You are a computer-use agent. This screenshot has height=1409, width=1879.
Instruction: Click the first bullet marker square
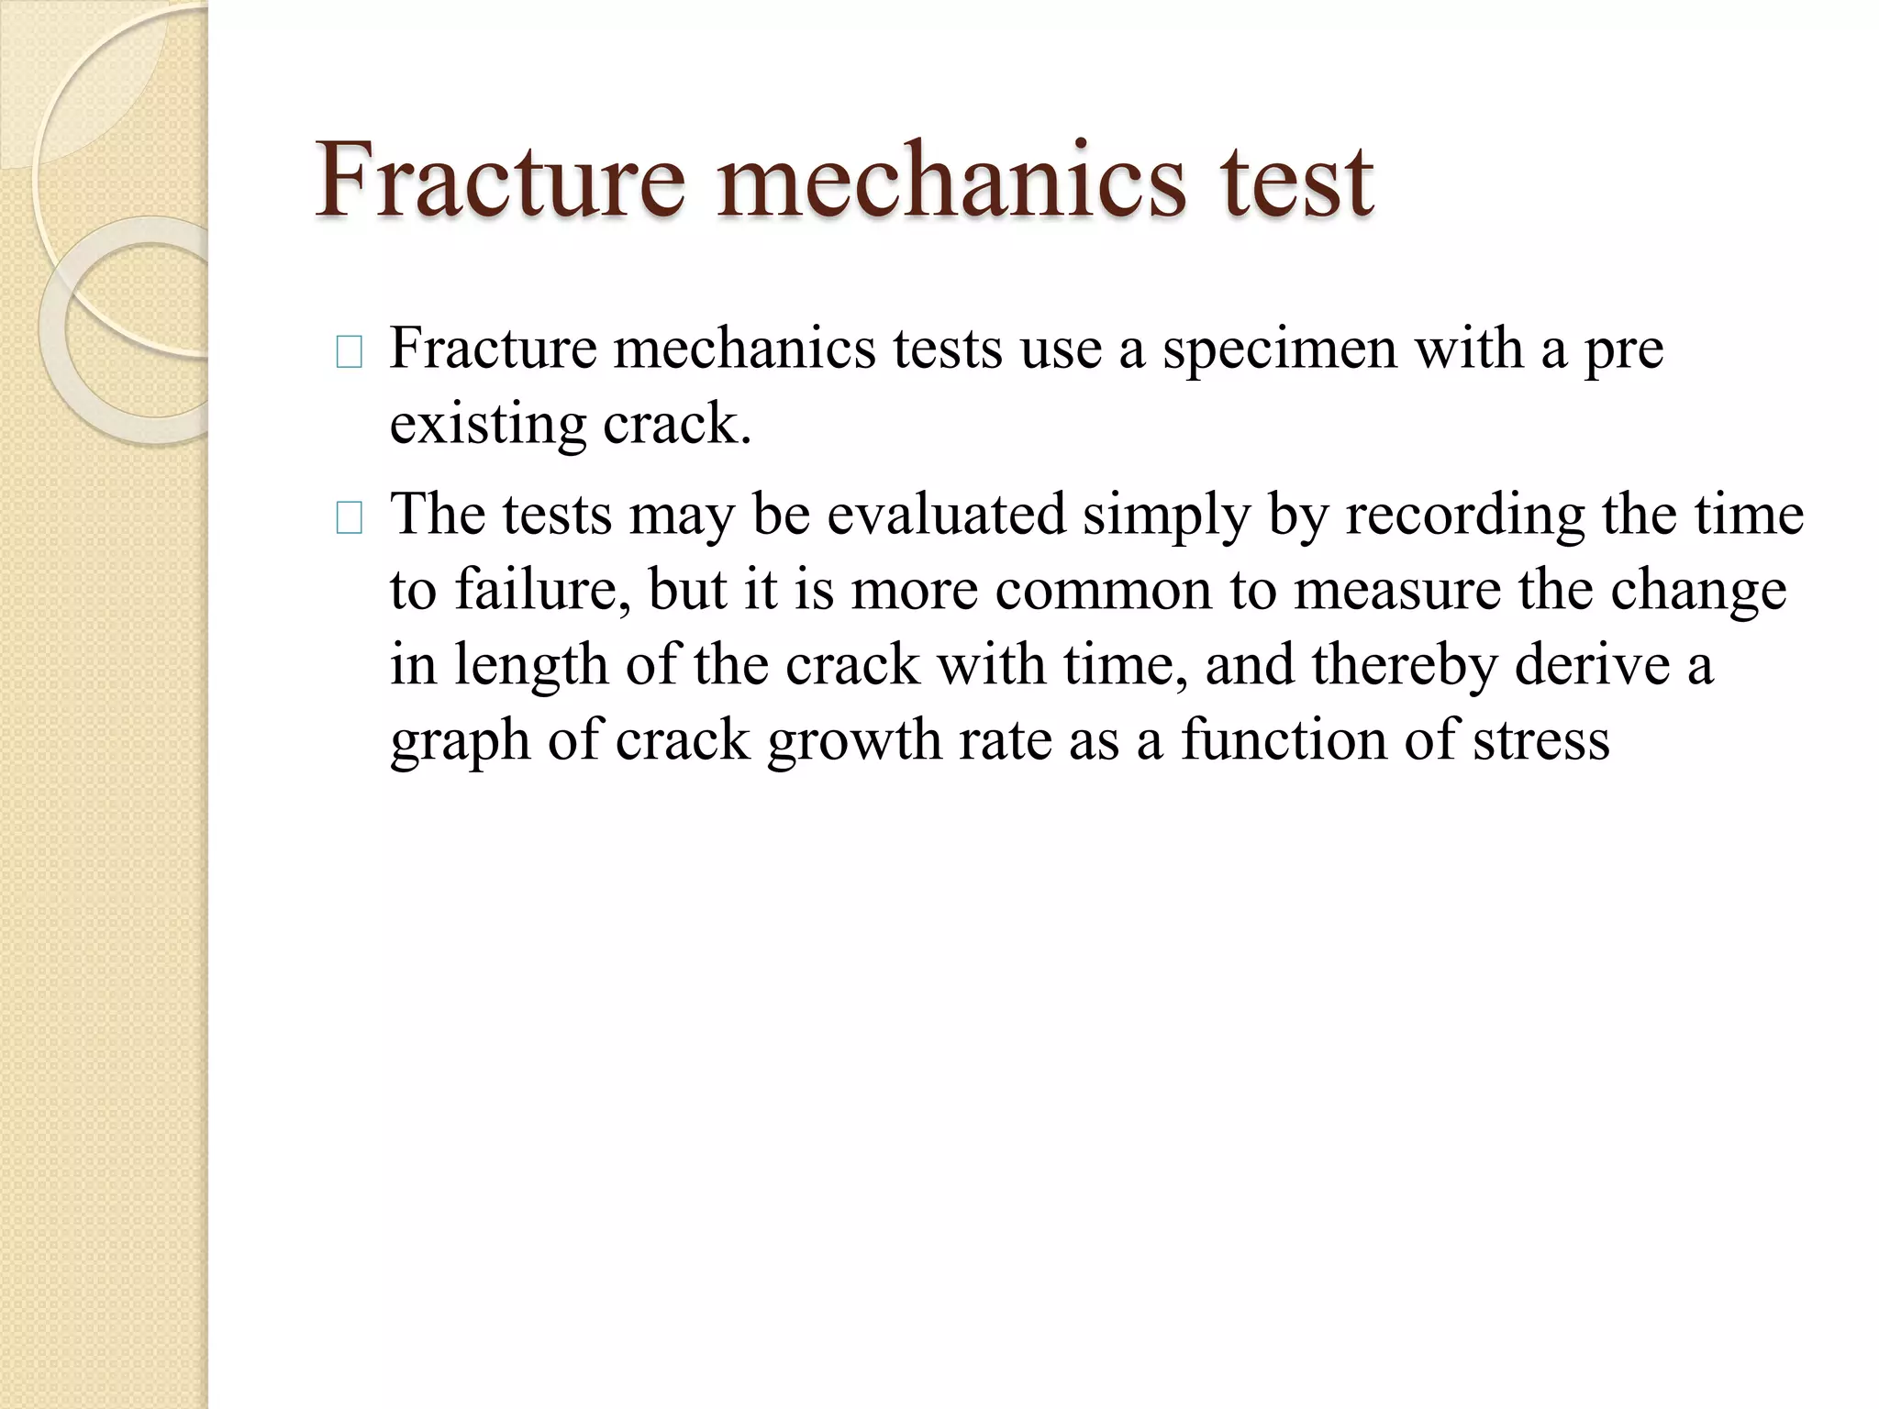coord(350,352)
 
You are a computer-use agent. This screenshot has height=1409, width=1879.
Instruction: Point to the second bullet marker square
coord(350,519)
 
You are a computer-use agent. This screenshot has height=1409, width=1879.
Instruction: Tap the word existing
coord(487,426)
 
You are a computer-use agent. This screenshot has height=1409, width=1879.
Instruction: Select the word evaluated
coord(946,514)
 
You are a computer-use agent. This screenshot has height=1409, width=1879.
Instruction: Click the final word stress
coord(1540,741)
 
